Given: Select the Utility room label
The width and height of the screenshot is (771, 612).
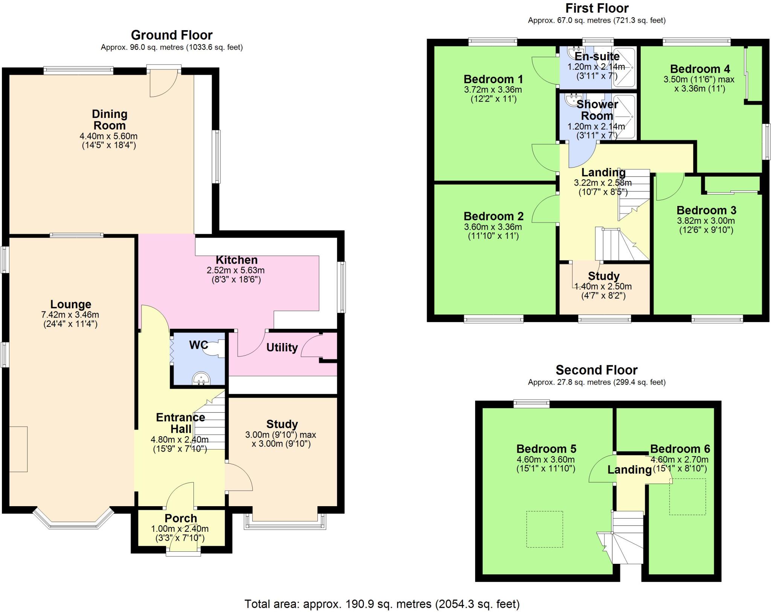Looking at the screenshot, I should [282, 347].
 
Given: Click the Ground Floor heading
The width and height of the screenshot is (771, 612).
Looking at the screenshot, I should [172, 35].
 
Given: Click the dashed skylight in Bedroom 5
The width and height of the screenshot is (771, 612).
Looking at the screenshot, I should [544, 529].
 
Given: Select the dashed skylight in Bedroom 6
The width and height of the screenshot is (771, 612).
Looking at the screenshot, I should [687, 497].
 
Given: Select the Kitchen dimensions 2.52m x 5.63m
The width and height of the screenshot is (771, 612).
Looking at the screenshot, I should [236, 270].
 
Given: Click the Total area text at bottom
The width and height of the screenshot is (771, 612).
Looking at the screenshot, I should [382, 604].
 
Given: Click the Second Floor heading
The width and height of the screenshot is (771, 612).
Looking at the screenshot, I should [596, 370].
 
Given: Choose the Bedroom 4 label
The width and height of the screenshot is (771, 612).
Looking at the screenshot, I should [699, 69].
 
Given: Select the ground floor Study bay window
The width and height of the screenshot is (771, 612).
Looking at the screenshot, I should [285, 523].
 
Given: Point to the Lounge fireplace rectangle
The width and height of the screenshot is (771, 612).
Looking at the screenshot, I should [18, 449].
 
